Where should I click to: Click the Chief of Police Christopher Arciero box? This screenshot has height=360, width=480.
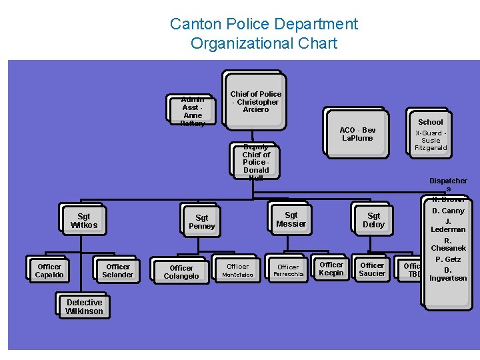pos(256,101)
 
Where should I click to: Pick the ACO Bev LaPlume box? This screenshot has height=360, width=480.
pos(357,134)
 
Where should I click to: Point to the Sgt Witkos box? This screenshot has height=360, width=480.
pos(84,221)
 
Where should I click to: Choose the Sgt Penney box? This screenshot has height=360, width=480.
pos(202,222)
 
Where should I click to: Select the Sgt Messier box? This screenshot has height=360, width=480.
pos(291,219)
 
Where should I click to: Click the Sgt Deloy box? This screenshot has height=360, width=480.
pos(373,220)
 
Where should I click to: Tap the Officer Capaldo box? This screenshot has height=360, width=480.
pos(49,271)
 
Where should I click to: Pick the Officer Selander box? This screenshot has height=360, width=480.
pos(118,271)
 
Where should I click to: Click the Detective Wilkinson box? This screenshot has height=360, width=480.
pos(85,307)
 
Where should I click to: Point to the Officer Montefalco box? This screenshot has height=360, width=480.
pos(237,270)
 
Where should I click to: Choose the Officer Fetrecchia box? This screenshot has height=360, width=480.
pos(289,270)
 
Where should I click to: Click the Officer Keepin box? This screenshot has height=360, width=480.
pos(331,269)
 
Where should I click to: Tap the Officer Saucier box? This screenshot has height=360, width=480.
pos(372,269)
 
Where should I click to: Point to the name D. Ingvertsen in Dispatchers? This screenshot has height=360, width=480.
pos(448,274)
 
